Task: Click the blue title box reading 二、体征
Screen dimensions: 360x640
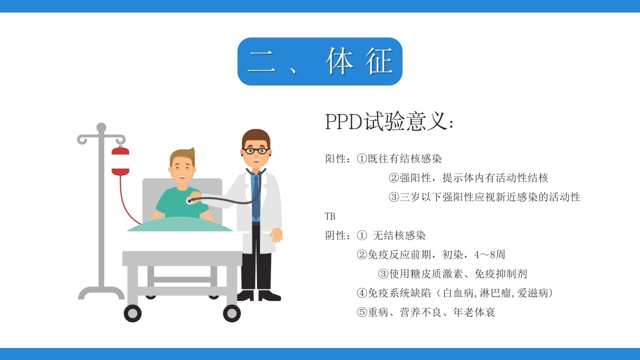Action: pos(319,61)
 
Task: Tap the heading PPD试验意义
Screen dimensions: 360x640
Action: pos(389,121)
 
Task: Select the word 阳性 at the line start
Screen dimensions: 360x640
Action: pos(335,159)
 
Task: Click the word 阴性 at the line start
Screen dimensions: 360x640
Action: pos(335,235)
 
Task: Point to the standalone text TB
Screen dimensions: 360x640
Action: pos(330,216)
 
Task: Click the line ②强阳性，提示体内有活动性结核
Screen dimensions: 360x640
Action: pos(468,178)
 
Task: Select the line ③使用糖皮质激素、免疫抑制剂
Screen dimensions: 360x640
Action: pos(452,274)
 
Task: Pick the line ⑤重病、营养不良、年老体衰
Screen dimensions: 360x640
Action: pos(426,312)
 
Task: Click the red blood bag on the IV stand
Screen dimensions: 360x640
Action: pos(120,161)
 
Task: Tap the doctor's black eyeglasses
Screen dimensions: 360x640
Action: pos(256,150)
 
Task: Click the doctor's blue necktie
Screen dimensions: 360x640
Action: pos(256,197)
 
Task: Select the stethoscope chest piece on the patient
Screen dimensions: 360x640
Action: pos(189,201)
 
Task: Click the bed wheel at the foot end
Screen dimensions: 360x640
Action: pos(232,313)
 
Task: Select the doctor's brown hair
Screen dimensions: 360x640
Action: pos(255,135)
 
